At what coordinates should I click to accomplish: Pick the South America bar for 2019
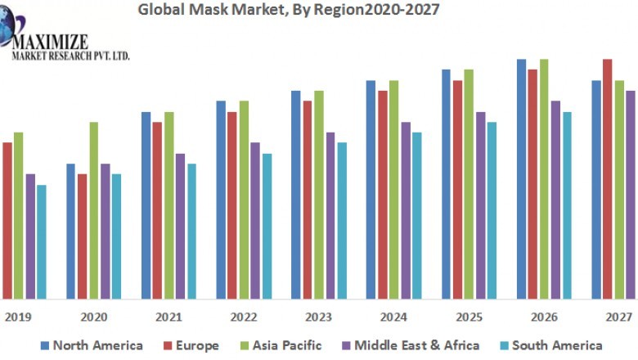42,241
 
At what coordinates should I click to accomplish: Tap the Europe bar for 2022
232,205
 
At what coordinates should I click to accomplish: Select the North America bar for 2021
146,205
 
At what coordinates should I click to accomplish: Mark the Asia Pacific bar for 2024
393,189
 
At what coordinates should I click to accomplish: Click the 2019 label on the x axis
16,317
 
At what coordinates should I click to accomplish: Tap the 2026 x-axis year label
542,317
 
